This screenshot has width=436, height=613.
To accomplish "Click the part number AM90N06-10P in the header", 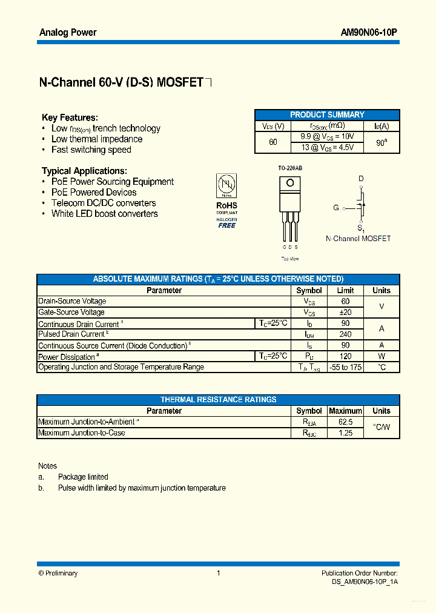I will pos(369,33).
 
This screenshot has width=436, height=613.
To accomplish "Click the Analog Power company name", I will pos(67,33).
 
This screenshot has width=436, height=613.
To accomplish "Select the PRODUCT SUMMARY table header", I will pos(327,115).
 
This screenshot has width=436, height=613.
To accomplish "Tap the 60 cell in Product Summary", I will pos(273,142).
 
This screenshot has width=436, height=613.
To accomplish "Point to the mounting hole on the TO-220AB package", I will pos(290,182).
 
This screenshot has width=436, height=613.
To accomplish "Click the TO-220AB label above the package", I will pos(290,168).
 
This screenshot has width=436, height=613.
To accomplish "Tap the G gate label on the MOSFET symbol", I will pos(335,208).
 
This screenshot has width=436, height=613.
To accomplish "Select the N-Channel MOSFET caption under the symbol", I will pos(358,239).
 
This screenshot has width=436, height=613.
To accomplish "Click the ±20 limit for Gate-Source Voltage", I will pos(345,313).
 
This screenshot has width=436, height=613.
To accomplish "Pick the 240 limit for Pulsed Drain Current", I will pos(345,334).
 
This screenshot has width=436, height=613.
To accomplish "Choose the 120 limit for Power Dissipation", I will pos(345,356).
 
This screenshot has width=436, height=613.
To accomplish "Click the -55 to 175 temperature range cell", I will pos(345,367).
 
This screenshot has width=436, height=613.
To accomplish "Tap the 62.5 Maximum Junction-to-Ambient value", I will pos(345,422).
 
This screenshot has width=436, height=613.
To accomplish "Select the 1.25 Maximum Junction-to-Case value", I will pos(345,433).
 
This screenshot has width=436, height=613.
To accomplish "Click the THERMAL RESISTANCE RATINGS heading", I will pos(218,400).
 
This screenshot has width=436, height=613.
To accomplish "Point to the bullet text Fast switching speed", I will pos(91,150).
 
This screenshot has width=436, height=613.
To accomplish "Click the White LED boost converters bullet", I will pos(104,214).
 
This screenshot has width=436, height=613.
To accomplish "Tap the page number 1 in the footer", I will pos(218,573).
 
